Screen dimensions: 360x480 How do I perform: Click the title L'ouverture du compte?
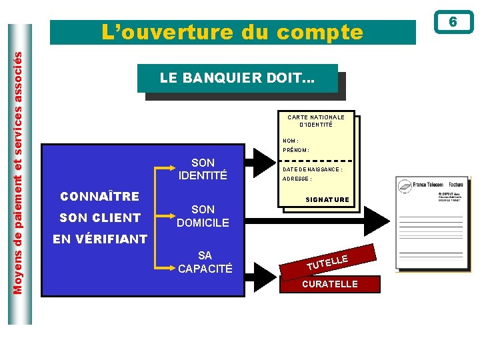(x=232, y=32)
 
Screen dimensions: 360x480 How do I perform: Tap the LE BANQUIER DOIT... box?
(x=237, y=78)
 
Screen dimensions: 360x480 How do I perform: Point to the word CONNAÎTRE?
(x=99, y=197)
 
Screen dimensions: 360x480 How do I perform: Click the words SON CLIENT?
(x=100, y=217)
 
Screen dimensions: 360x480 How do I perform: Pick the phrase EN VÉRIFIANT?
(x=100, y=239)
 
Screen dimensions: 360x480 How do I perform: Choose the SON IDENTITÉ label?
(x=203, y=169)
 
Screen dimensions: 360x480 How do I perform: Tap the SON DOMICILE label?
(x=203, y=216)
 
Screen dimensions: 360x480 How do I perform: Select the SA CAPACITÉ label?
(x=205, y=262)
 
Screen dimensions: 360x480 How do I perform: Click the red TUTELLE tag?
(x=327, y=262)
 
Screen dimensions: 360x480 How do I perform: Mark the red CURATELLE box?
(x=330, y=284)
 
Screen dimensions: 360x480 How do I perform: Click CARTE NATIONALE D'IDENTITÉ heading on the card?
(x=316, y=121)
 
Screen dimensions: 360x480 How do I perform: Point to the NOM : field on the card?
(x=291, y=141)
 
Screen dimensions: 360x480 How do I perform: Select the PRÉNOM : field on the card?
(x=296, y=150)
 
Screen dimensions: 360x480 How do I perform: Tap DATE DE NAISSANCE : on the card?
(x=313, y=169)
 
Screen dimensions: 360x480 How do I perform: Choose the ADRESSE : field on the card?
(x=297, y=179)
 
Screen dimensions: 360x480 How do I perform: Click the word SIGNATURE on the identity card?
(x=327, y=200)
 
